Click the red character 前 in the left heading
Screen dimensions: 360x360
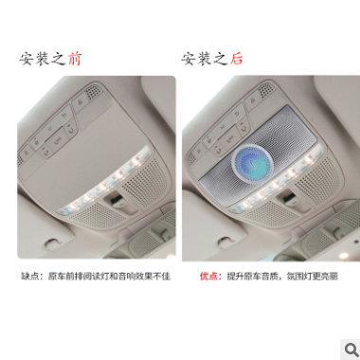[75, 59]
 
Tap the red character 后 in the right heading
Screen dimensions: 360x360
[237, 59]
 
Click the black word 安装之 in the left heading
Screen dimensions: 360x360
[43, 59]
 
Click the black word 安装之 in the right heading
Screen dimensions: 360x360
[205, 59]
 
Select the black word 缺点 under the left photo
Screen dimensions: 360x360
[31, 277]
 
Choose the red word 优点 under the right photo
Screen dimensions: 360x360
[208, 277]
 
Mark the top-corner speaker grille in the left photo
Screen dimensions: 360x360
[92, 94]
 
